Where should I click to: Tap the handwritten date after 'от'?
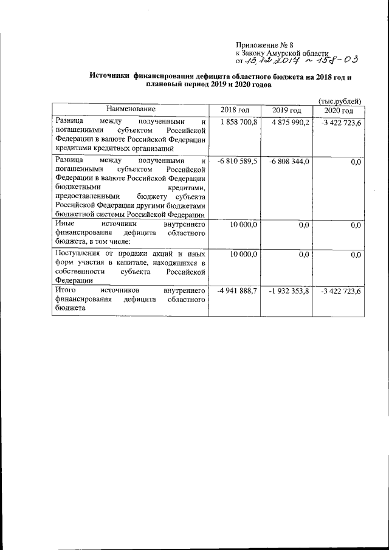[x=270, y=61]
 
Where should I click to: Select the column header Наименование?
[x=130, y=110]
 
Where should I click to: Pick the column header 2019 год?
[x=286, y=111]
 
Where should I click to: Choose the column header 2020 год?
[x=338, y=111]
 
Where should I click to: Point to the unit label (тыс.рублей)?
[x=340, y=101]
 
